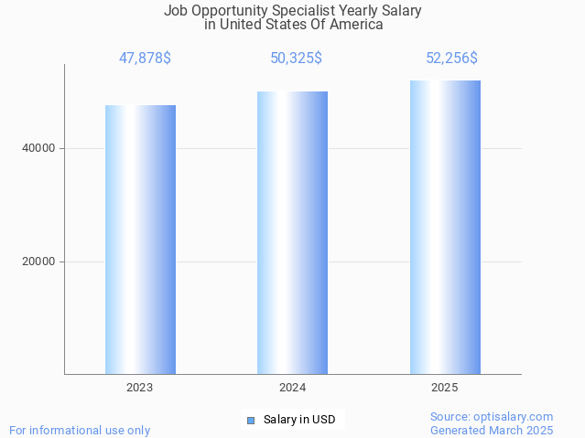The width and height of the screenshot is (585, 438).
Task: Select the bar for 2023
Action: click(140, 240)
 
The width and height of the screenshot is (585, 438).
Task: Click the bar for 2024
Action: click(292, 232)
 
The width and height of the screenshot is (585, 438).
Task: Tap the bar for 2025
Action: click(445, 227)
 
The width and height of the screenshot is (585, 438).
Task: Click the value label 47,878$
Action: click(145, 59)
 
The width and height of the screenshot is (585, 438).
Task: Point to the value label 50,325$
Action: click(296, 59)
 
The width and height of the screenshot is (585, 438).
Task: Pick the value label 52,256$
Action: click(451, 59)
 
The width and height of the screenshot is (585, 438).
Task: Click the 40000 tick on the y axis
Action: click(39, 148)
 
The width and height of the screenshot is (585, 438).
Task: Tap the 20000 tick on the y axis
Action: click(39, 262)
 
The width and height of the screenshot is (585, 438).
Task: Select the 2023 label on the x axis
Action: click(140, 388)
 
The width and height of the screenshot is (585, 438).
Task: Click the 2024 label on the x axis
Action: click(292, 388)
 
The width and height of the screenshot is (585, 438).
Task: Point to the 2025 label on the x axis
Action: click(445, 388)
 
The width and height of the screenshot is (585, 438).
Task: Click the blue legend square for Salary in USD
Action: click(250, 421)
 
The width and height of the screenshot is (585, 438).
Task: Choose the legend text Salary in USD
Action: click(299, 421)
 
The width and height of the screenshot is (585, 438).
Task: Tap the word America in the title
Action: click(356, 25)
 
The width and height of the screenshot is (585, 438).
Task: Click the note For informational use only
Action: click(80, 430)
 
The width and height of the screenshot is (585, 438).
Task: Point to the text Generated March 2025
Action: click(492, 430)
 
